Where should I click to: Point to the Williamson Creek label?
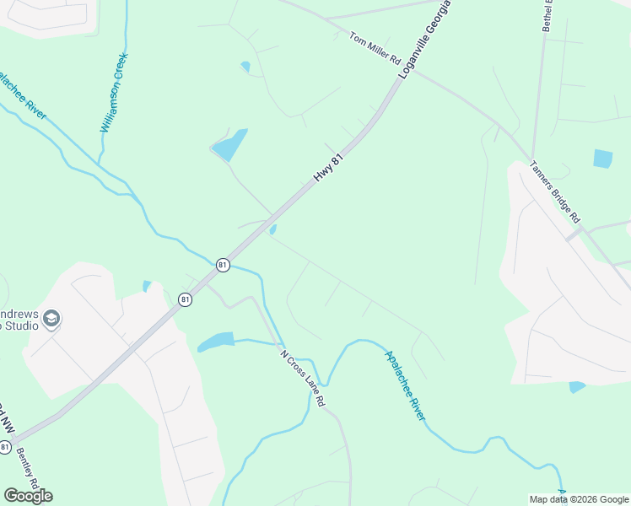point(113,93)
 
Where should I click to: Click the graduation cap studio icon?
point(52,319)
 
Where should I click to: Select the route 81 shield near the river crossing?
point(222,264)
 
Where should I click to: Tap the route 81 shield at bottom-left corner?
point(6,445)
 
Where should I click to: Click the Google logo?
point(28,496)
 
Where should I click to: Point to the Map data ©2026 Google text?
point(578,499)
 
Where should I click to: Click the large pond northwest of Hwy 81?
point(230,145)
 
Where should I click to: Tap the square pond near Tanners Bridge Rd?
point(602,158)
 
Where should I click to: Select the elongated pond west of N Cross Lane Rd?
point(216,342)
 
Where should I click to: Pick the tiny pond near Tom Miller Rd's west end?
point(245,66)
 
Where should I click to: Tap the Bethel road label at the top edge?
point(548,15)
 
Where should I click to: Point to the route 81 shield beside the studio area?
point(185,299)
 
